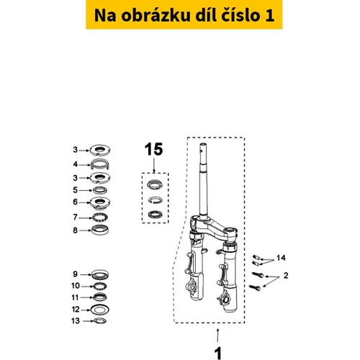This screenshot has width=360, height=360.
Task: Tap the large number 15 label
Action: (153, 149)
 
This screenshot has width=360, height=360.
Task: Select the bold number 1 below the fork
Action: (217, 354)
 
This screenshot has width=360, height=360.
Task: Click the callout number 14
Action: (281, 258)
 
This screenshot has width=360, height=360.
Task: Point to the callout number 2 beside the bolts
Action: (286, 276)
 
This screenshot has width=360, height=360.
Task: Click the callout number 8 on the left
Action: (75, 230)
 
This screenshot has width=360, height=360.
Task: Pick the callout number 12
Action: (76, 310)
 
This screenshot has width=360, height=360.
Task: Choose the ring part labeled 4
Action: (100, 165)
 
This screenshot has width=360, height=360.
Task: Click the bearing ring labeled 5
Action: (100, 190)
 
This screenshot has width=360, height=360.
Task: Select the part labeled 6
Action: (100, 202)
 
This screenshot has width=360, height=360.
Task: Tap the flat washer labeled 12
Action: (100, 310)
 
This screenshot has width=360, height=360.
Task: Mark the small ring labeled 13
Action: (100, 320)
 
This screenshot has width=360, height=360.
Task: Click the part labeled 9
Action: (100, 274)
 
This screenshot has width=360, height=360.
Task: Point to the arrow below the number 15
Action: (154, 165)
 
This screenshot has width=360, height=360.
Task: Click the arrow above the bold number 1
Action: (217, 335)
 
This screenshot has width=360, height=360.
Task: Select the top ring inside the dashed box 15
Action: (155, 184)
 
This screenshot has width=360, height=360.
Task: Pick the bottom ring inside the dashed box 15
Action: (155, 214)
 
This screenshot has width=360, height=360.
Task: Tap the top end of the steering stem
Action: (203, 145)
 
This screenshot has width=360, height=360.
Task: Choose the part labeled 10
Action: (100, 286)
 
